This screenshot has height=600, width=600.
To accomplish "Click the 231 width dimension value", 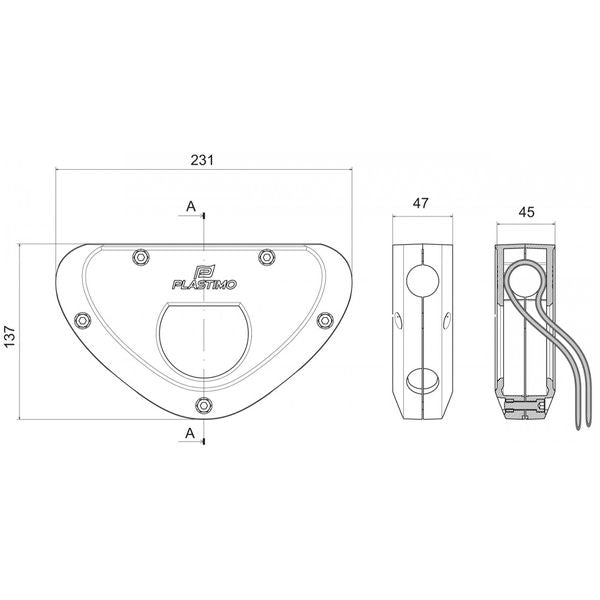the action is (x=202, y=160).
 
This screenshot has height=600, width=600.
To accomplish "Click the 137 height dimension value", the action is (x=9, y=336).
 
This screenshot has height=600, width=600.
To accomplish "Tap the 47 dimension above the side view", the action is (x=421, y=203).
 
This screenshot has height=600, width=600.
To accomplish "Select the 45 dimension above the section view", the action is (x=526, y=212).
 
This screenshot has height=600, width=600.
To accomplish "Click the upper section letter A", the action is (x=191, y=207).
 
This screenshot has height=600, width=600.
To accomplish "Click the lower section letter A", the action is (x=190, y=433).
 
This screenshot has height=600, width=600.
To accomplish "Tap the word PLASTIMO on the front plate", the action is (x=204, y=285).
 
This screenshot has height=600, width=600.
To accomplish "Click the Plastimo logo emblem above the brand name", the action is (x=204, y=272).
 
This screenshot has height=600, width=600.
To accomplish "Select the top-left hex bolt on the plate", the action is (x=141, y=257).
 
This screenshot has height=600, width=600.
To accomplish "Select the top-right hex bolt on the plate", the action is (x=266, y=256).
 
